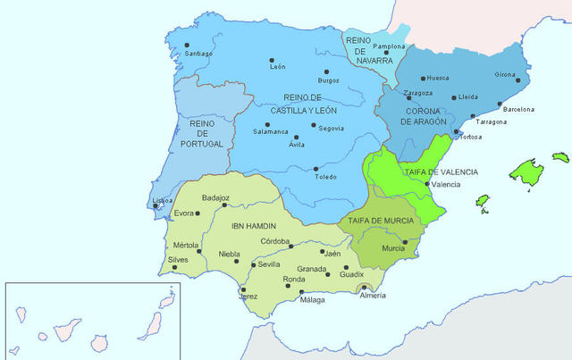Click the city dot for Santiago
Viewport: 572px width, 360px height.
tap(187, 45)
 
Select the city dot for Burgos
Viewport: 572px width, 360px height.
tap(326, 71)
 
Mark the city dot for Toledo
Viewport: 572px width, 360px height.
tap(316, 168)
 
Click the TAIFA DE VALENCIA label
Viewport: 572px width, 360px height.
tap(439, 172)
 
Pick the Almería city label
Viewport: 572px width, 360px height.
tap(373, 295)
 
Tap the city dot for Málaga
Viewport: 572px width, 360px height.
tap(302, 292)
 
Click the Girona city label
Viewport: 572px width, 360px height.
tap(506, 75)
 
